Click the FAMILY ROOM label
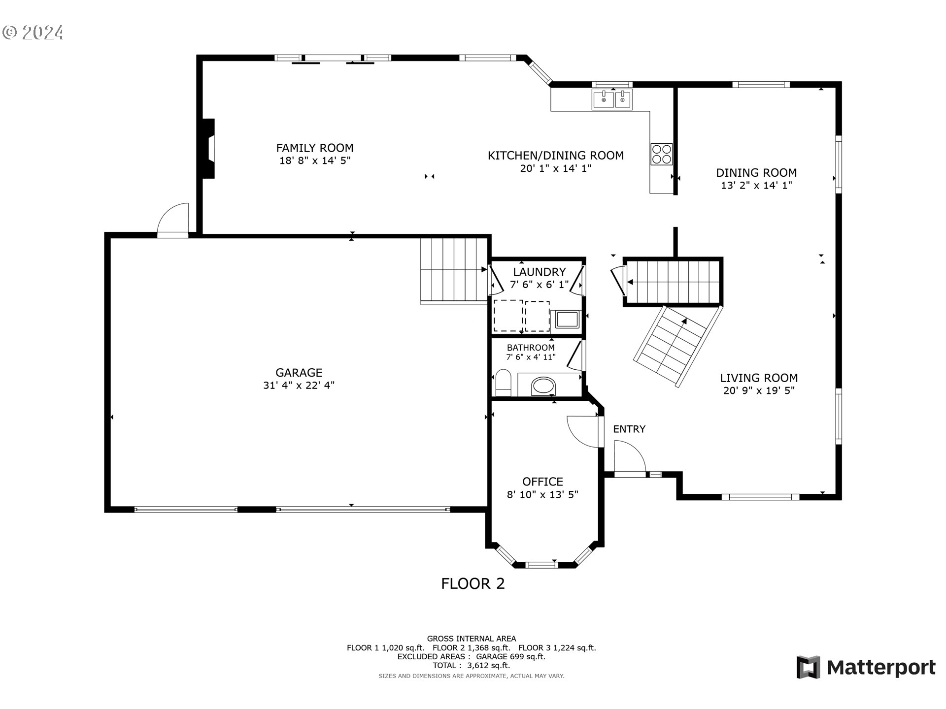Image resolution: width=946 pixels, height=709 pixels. coord(314,148)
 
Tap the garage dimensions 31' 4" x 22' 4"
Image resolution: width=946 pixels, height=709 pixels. coord(299,385)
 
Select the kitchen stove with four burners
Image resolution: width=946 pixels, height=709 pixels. coord(661,154)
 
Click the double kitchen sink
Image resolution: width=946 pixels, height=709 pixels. coord(612,100)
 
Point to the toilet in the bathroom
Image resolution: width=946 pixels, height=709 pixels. coord(503,383)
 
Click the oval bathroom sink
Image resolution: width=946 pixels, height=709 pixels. coord(543,386)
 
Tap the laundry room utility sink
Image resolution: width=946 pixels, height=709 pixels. coord(566,320)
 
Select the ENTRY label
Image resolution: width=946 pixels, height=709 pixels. coord(629,429)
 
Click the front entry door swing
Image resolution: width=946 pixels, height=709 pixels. coord(628,457)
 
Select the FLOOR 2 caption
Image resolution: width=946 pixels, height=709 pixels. coord(473,584)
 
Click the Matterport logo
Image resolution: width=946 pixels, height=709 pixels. coord(866,668)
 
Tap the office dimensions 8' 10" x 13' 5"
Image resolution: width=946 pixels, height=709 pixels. coord(542,495)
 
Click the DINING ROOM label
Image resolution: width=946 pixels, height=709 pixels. coord(756,173)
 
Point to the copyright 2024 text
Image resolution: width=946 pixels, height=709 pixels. coord(33,32)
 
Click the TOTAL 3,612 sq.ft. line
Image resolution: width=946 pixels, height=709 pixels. coord(471,666)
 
